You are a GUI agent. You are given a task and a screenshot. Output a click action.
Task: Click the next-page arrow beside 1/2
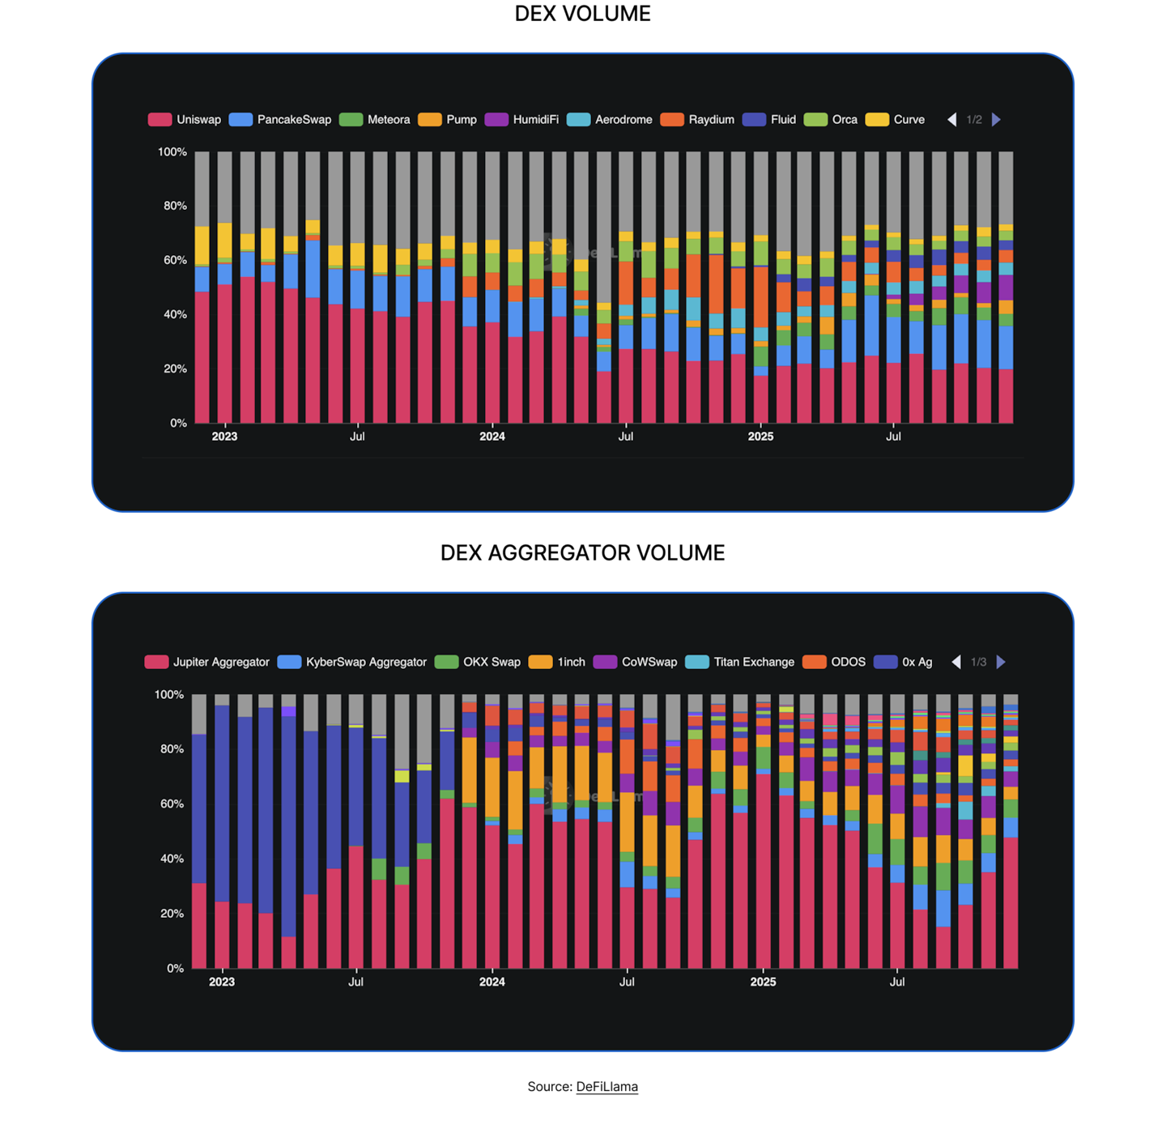997,120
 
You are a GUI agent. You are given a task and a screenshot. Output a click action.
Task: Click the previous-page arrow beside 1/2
952,120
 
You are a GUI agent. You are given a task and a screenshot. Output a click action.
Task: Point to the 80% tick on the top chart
175,206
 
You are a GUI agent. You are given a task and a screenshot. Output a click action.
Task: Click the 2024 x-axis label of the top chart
492,437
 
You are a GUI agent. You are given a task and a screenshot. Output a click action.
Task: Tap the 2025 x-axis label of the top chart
760,437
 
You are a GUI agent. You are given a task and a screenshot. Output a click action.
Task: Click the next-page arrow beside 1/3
1002,663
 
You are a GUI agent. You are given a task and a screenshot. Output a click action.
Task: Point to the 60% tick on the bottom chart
172,804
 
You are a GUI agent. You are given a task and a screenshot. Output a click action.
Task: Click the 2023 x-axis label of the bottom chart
222,982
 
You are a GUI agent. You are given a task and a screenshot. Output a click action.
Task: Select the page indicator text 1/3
979,663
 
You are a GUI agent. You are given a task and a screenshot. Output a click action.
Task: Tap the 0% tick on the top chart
178,423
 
